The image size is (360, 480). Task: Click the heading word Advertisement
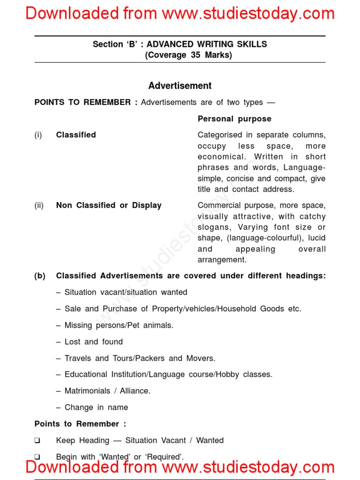tap(180, 86)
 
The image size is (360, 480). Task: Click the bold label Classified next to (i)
tap(75, 135)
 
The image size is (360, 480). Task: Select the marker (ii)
tap(39, 205)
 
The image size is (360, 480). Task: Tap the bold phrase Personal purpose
tap(234, 119)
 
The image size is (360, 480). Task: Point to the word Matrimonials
tap(87, 391)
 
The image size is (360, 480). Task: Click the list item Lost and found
tap(93, 342)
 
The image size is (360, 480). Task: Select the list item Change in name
tap(96, 407)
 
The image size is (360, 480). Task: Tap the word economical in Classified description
tap(221, 157)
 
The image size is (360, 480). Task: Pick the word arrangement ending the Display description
tap(222, 260)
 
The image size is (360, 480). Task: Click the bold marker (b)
tap(40, 276)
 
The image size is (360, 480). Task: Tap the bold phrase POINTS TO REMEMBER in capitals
tap(82, 102)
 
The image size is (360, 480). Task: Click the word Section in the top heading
tap(107, 45)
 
